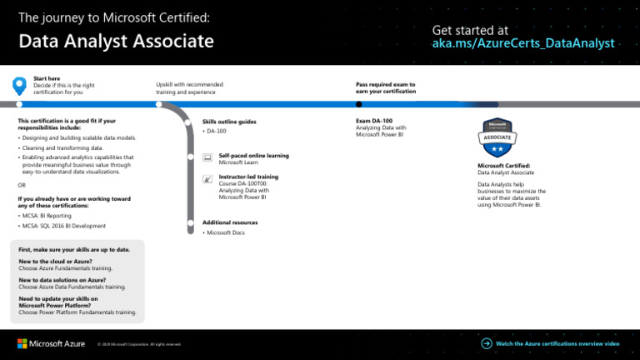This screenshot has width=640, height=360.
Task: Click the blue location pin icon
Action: (x=20, y=85)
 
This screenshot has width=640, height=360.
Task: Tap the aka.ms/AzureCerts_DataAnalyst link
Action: (x=523, y=43)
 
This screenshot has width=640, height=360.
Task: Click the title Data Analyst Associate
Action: (x=116, y=42)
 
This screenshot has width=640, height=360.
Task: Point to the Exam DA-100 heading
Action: (x=374, y=121)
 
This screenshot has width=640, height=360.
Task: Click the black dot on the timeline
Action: (x=359, y=104)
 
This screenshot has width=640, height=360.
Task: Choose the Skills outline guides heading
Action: (x=229, y=122)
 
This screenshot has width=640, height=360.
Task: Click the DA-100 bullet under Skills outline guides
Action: (x=217, y=131)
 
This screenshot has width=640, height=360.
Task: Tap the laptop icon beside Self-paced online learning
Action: (x=207, y=157)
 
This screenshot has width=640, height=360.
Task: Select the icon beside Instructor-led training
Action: (x=207, y=178)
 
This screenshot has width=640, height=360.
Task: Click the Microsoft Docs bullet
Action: (x=225, y=232)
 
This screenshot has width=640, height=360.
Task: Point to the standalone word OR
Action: (x=22, y=185)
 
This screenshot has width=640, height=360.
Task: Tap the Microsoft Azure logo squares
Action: (x=22, y=342)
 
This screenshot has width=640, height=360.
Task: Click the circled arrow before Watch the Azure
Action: (x=486, y=342)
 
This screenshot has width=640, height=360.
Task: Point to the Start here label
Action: (x=46, y=79)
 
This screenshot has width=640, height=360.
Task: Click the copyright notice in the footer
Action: (x=139, y=344)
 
